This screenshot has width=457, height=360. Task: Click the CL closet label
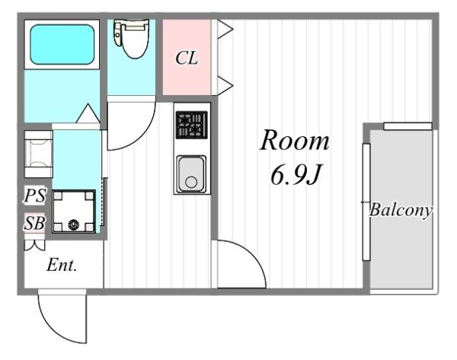pyautogui.click(x=187, y=58)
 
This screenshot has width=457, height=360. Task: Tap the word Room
pyautogui.click(x=295, y=141)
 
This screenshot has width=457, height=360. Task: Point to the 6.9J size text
pyautogui.click(x=296, y=175)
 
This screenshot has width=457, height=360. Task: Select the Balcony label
pyautogui.click(x=400, y=210)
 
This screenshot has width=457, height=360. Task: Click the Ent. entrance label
pyautogui.click(x=62, y=265)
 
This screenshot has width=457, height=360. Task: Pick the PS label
pyautogui.click(x=35, y=196)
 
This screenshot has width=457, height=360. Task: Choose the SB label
pyautogui.click(x=35, y=223)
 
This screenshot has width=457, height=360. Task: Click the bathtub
pyautogui.click(x=62, y=45)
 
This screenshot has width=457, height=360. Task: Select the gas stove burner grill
pyautogui.click(x=192, y=124)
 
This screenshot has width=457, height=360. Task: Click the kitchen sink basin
pyautogui.click(x=191, y=174)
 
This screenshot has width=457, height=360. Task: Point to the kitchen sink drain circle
pyautogui.click(x=191, y=183)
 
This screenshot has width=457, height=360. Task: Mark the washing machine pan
pyautogui.click(x=74, y=212)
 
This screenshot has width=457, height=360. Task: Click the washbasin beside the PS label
pyautogui.click(x=39, y=154)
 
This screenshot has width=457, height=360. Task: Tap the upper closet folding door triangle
pyautogui.click(x=225, y=29)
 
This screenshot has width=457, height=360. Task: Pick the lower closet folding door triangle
pyautogui.click(x=225, y=86)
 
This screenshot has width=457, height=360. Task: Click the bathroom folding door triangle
pyautogui.click(x=88, y=113)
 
